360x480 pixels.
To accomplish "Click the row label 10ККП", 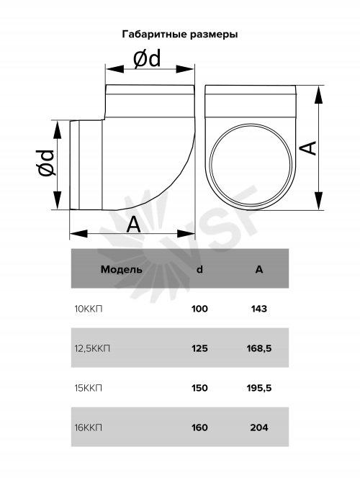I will [x=89, y=309].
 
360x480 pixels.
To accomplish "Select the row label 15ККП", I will [x=89, y=388].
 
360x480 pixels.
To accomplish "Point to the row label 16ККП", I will [x=89, y=427].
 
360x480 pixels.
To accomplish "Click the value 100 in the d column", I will [x=199, y=309].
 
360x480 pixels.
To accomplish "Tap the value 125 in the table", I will [x=199, y=348].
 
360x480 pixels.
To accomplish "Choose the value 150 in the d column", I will [x=199, y=388].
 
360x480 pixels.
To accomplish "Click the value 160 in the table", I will [x=199, y=427].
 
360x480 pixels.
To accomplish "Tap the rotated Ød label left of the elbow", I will [x=45, y=163].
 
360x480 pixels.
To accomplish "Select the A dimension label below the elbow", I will [x=133, y=225].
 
